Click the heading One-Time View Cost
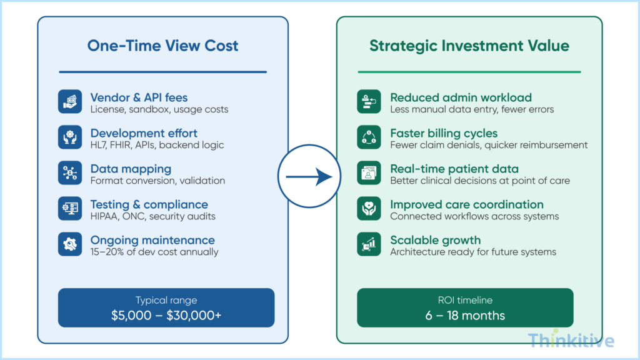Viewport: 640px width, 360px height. tap(162, 46)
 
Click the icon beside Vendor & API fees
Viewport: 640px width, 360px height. tap(70, 102)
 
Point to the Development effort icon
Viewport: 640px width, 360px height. tap(70, 137)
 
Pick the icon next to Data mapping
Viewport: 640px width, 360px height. tap(70, 173)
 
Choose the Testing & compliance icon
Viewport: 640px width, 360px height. tap(70, 209)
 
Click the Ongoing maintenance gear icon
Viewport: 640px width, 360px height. tap(70, 244)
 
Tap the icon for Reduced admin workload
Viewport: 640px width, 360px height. tap(369, 102)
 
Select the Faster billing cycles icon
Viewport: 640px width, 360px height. tap(369, 137)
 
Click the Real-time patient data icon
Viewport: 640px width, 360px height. tap(369, 173)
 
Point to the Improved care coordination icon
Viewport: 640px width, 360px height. tap(369, 209)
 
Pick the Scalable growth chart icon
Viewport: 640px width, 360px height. tap(369, 244)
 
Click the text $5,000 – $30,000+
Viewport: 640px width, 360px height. tap(166, 316)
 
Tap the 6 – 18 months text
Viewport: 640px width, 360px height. tap(465, 316)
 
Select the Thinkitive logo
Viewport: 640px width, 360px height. tap(571, 340)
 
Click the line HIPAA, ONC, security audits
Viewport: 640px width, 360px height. tap(152, 216)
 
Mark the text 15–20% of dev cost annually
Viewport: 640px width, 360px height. tap(154, 252)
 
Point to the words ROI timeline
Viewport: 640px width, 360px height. tap(465, 300)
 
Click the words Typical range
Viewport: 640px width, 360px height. tap(166, 300)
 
